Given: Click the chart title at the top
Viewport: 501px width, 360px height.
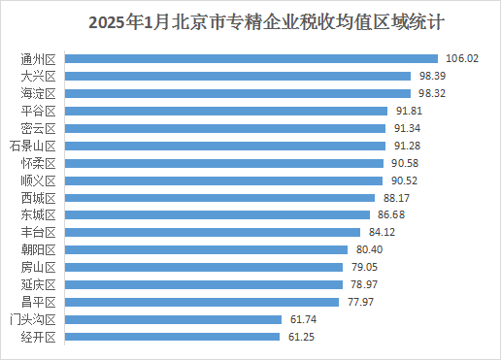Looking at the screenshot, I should tap(250, 20).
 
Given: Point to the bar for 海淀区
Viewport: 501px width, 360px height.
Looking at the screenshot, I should tap(238, 93).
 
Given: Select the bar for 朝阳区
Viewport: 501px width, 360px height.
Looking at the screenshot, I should tap(209, 249).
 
